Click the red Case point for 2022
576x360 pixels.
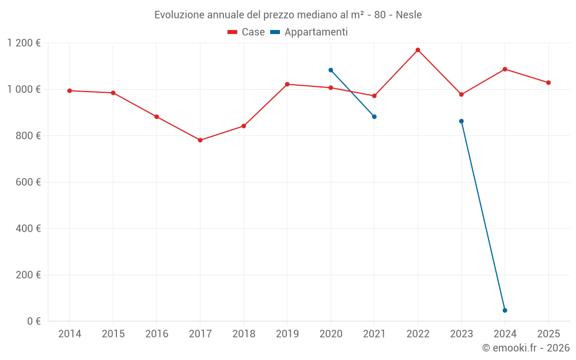click(x=418, y=50)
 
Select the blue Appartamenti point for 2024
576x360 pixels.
click(x=505, y=310)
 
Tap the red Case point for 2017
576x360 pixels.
click(x=200, y=140)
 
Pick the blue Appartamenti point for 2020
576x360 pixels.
click(x=331, y=70)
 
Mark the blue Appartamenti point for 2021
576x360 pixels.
click(x=374, y=117)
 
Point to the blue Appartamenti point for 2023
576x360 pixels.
click(x=461, y=121)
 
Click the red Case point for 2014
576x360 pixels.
click(x=70, y=90)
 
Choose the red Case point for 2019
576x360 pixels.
click(x=287, y=84)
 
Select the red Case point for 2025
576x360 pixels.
click(x=548, y=82)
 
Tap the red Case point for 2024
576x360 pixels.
click(x=505, y=69)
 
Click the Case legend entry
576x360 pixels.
click(x=247, y=32)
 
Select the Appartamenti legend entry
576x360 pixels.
click(x=309, y=32)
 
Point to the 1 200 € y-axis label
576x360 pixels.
click(x=24, y=43)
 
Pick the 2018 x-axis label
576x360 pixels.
click(x=244, y=334)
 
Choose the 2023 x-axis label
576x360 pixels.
click(x=461, y=334)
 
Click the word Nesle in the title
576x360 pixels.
click(x=408, y=15)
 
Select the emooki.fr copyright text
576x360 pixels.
click(x=525, y=348)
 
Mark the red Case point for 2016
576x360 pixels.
click(x=157, y=117)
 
